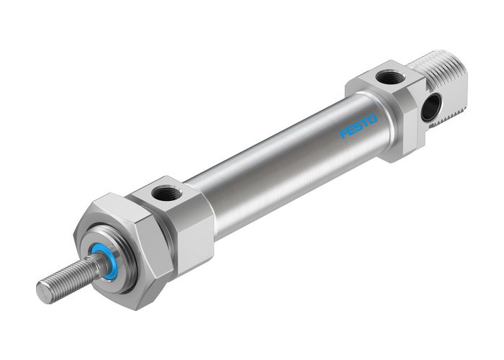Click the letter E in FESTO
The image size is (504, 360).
point(350,132)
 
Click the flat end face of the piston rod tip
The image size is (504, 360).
point(43,292)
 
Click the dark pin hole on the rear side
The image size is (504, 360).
point(429,107)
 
